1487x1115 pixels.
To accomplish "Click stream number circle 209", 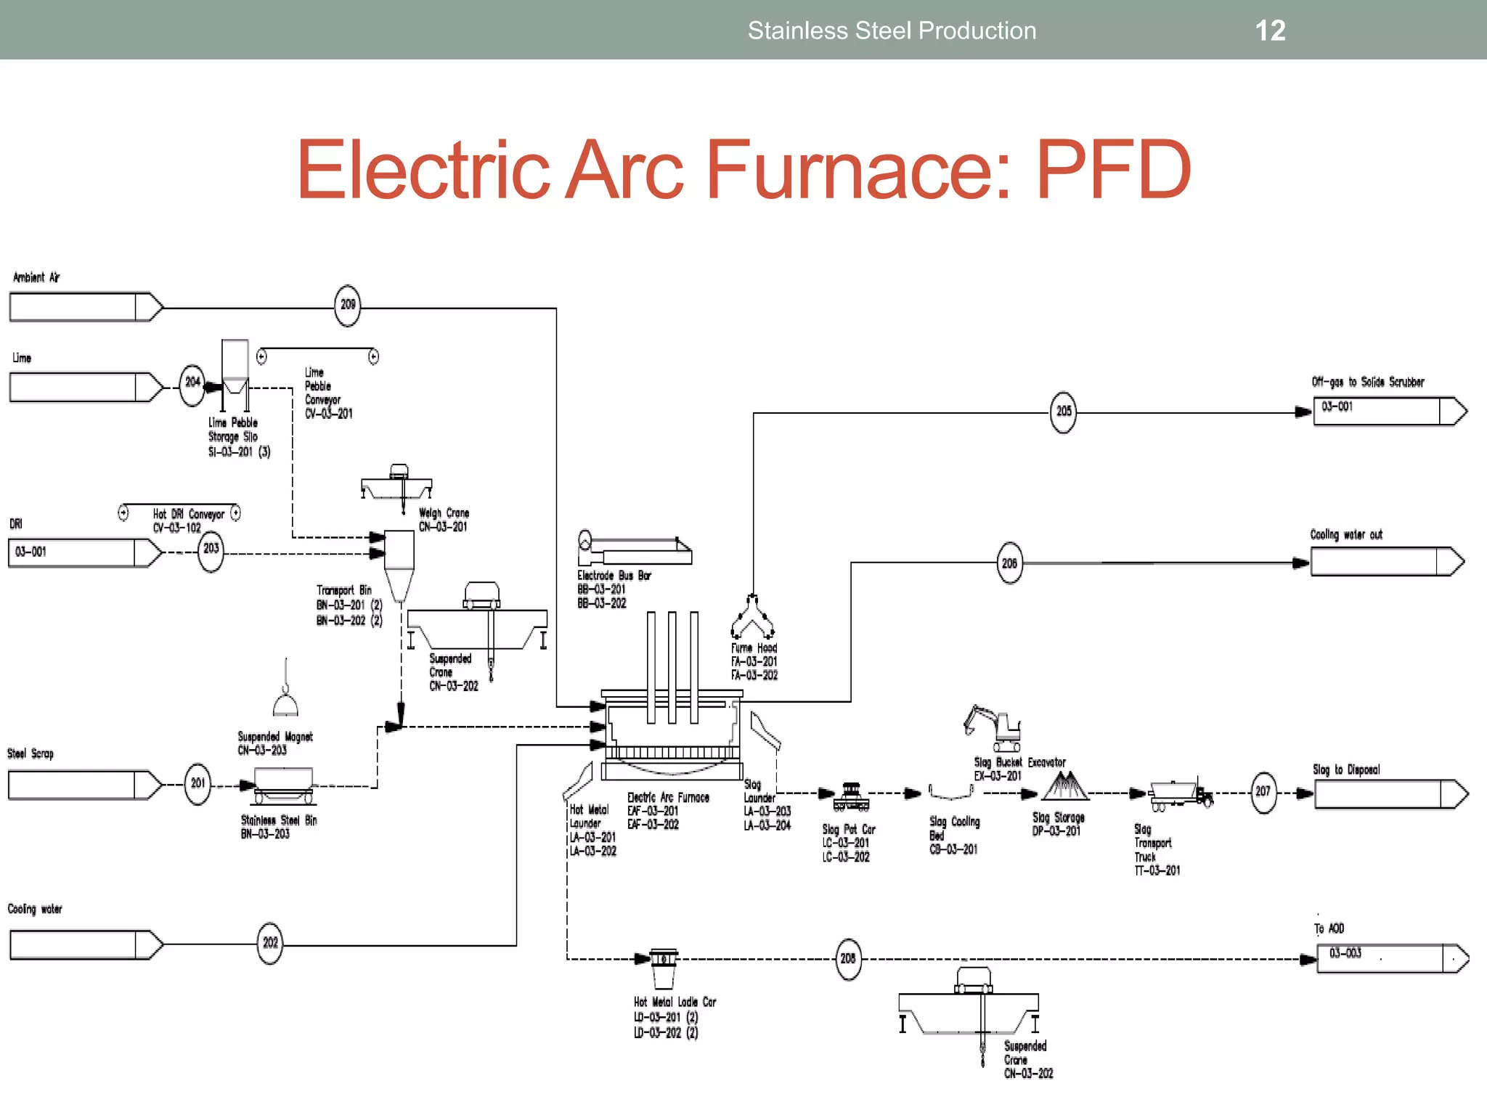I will [348, 305].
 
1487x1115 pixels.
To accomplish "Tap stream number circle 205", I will [1064, 412].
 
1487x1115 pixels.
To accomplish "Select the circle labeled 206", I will [1009, 563].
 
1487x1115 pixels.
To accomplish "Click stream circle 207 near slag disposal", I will [1263, 791].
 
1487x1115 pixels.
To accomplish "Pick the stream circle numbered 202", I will [270, 943].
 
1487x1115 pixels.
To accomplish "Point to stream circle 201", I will [198, 783].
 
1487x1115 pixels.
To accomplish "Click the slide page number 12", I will [1270, 30].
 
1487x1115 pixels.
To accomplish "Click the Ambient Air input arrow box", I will [83, 307].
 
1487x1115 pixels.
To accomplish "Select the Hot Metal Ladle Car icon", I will [663, 968].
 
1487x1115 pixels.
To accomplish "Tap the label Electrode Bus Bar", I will [614, 576].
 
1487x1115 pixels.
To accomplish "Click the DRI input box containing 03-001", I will [83, 552].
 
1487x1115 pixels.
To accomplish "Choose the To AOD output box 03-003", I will [1390, 958].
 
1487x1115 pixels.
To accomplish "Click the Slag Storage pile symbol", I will [1064, 786].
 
